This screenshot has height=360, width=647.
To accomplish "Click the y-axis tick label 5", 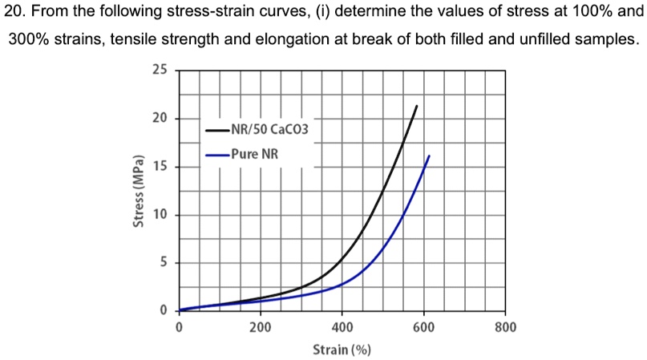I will coord(163,262).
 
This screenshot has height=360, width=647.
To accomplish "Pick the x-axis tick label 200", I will coord(260,327).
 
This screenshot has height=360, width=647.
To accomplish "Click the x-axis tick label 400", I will coord(342,327).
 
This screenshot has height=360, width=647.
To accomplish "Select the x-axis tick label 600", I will coord(423,327).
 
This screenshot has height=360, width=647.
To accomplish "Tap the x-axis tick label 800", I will coord(505,327).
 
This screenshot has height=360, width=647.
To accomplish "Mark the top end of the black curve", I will coord(417,106).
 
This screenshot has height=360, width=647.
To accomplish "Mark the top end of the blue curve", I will coord(430,156).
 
